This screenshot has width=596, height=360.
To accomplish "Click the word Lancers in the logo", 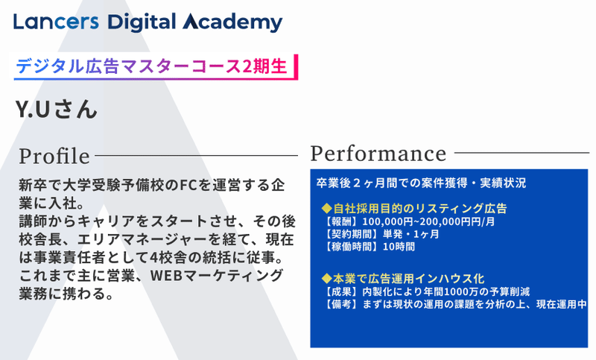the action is pos(56,22).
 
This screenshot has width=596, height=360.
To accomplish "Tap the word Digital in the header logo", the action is pos(142,22).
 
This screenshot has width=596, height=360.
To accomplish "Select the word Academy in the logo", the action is pos(232,23).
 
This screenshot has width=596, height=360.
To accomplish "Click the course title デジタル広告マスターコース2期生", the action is pos(151,66).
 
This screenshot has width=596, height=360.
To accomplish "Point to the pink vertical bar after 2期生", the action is pos(296,67).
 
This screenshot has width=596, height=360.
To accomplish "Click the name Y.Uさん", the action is pos(57,110).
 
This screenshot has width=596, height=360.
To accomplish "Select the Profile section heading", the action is pos(54,156).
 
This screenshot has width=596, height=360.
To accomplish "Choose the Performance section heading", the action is pos(378,154).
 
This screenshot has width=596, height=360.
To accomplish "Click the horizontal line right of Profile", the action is pos(196,155).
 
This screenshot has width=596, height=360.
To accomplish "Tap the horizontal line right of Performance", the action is pos(521,153).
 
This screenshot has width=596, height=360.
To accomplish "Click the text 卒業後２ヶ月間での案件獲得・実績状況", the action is pos(421,183).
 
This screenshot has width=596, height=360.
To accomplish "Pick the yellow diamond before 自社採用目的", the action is pos(326,208).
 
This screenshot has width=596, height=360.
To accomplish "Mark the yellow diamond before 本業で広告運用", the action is pos(326,279).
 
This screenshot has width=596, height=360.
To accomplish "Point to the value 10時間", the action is pos(399,247).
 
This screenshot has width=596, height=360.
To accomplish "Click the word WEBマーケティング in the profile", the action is pos(217,275).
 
